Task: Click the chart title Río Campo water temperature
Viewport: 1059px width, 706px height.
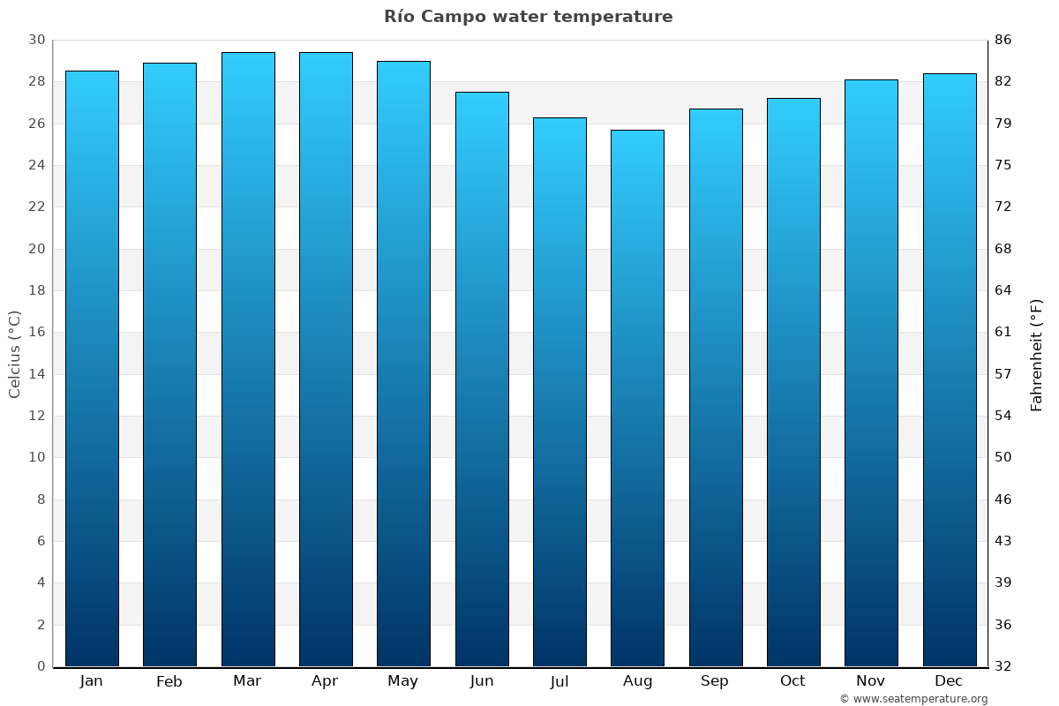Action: [x=528, y=17]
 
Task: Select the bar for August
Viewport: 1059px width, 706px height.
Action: [x=637, y=397]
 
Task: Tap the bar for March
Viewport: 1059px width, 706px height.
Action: [x=248, y=359]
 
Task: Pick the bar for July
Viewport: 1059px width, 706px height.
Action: [x=560, y=392]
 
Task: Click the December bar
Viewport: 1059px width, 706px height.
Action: [x=950, y=370]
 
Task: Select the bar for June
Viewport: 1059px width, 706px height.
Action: [x=482, y=379]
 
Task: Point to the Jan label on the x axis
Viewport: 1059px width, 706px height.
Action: [x=91, y=681]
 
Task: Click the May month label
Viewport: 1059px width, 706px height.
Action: [x=403, y=681]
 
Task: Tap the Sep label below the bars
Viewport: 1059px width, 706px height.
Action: [x=715, y=681]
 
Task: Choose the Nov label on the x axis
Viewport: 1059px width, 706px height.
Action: [x=871, y=681]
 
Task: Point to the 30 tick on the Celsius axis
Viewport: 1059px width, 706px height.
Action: [x=36, y=40]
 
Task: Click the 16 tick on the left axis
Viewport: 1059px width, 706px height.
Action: [x=36, y=333]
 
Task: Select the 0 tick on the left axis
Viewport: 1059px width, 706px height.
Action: [x=41, y=666]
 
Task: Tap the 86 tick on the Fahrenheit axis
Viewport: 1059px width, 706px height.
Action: [x=1003, y=40]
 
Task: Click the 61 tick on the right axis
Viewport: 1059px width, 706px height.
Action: [x=1003, y=333]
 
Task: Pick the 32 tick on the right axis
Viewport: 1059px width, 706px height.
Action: [x=1003, y=666]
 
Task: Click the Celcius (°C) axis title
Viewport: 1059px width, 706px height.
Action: [x=14, y=354]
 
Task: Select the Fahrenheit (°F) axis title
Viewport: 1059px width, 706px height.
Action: [x=1037, y=354]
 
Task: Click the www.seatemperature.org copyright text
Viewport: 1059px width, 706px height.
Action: [x=913, y=699]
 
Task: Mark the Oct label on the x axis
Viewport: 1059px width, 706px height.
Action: [x=792, y=681]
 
